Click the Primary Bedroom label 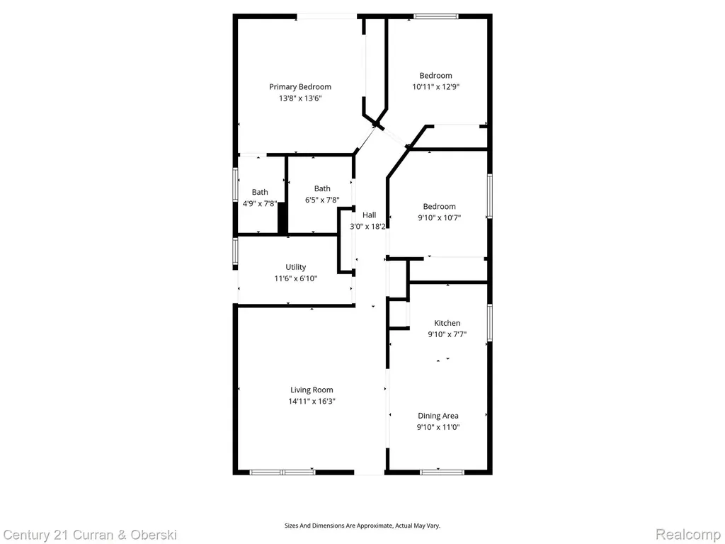pos(300,86)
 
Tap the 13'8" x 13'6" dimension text pos(300,98)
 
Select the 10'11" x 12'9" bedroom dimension pos(435,86)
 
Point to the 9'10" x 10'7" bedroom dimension pos(439,217)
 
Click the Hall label pos(369,215)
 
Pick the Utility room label pos(295,267)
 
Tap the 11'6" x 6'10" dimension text pos(295,278)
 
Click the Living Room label pos(312,390)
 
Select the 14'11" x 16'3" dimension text pos(312,402)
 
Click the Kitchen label pos(447,323)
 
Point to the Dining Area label pos(438,416)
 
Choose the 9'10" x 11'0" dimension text pos(438,427)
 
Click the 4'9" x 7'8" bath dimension pos(260,203)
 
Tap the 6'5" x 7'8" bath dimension pos(322,200)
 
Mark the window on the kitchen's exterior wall pos(490,322)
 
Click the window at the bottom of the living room pos(282,472)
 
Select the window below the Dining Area pos(442,472)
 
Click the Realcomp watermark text pos(688,535)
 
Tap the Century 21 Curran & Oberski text pos(90,535)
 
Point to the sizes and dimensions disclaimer pos(362,526)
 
